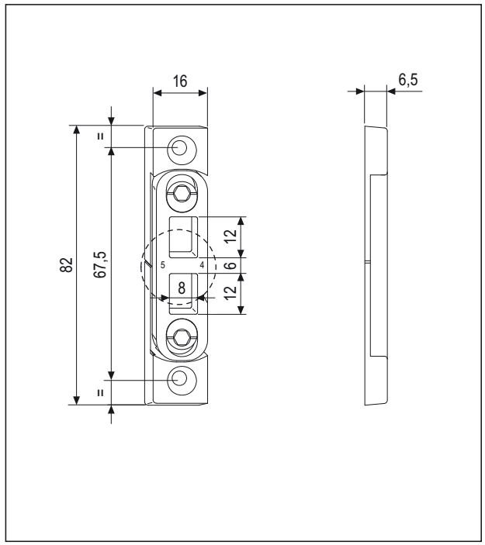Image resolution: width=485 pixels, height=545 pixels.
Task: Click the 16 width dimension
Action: (x=180, y=81)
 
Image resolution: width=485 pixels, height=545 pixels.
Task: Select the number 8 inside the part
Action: (x=182, y=287)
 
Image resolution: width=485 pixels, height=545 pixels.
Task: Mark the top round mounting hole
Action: (x=180, y=147)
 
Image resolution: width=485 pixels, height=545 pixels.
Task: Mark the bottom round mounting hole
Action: (x=180, y=380)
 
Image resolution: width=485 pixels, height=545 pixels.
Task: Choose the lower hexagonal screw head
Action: (x=180, y=338)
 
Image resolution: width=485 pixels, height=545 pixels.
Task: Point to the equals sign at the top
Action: (x=100, y=136)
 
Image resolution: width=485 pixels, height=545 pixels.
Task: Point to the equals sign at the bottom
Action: (x=100, y=392)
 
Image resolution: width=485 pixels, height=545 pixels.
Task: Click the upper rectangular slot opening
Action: (x=184, y=236)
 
